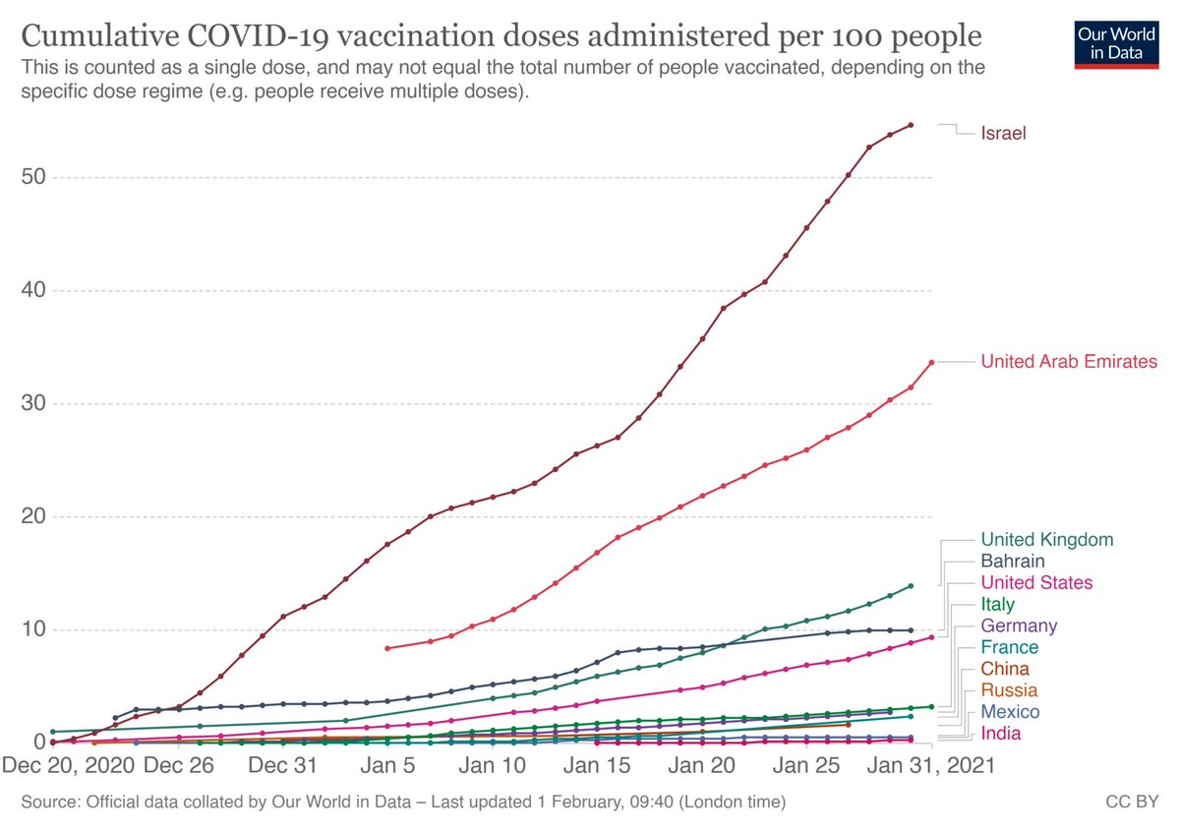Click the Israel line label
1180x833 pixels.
pos(1004,133)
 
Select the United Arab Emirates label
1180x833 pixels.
pos(1069,362)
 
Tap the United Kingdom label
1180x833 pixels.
pos(1047,539)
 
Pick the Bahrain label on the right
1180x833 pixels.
pos(1012,561)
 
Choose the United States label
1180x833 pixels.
pos(1036,582)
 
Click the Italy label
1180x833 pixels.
pos(998,604)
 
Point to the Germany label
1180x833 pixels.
pos(1020,625)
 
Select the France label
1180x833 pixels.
pos(1010,647)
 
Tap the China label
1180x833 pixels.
pos(1005,669)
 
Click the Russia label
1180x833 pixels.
pos(1009,690)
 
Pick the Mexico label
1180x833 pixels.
pos(1011,712)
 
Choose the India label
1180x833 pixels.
pos(1001,734)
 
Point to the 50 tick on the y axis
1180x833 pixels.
pos(32,177)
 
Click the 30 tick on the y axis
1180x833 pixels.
pos(32,403)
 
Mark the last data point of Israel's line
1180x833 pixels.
pos(911,125)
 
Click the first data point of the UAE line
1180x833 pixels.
pos(387,648)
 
